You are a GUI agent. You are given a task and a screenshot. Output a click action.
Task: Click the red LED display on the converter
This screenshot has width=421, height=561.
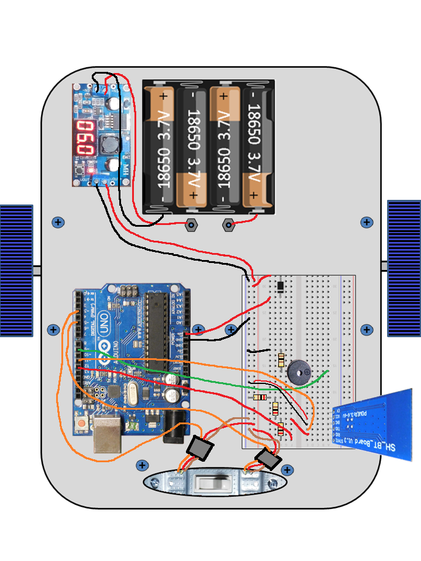point(86,138)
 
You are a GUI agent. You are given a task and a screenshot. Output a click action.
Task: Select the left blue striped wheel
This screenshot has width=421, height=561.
point(16,270)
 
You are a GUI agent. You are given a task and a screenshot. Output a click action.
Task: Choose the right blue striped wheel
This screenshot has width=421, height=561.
point(404,268)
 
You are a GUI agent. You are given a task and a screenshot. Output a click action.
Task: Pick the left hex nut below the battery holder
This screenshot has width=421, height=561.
point(191,224)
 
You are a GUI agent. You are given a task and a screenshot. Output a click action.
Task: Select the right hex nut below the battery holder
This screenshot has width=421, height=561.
point(229,224)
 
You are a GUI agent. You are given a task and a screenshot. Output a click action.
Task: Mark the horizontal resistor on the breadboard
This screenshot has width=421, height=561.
point(259,397)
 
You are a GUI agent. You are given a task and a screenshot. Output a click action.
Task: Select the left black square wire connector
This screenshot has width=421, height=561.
point(200,449)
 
